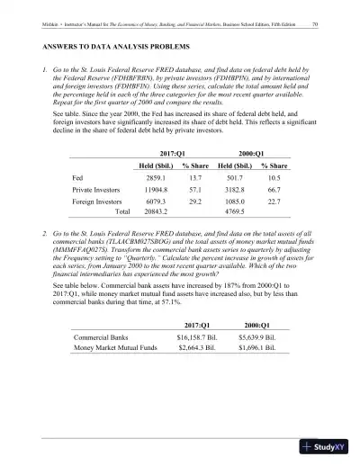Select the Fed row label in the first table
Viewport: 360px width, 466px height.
pyautogui.click(x=77, y=178)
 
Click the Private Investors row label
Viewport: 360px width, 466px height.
pyautogui.click(x=95, y=193)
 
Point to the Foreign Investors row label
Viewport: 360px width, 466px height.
pyautogui.click(x=95, y=206)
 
